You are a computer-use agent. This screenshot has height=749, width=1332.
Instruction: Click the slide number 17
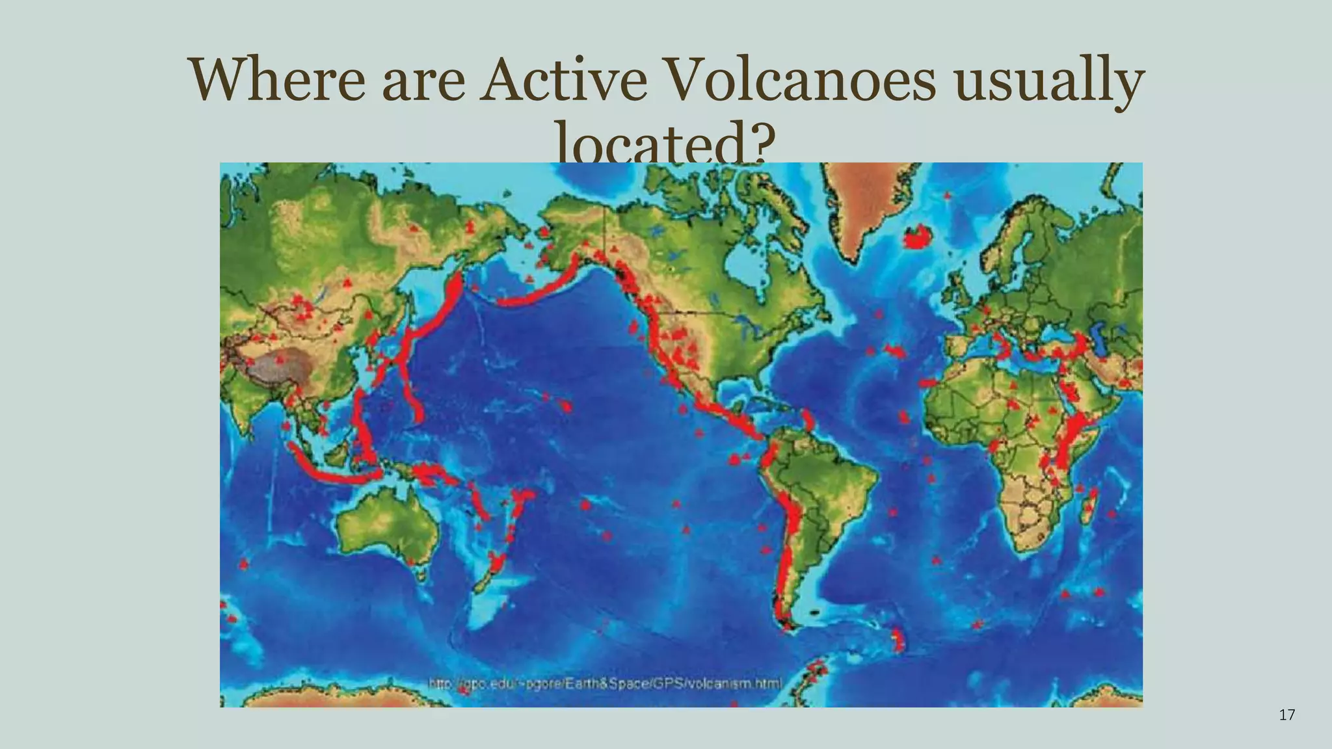coord(1286,715)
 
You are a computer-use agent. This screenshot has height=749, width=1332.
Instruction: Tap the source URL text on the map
coord(605,683)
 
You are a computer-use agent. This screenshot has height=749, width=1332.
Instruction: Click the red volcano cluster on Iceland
coord(918,238)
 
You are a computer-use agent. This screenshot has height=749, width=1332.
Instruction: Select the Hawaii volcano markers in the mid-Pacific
coord(565,406)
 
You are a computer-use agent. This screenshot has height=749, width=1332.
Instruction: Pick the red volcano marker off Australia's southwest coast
coord(244,564)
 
